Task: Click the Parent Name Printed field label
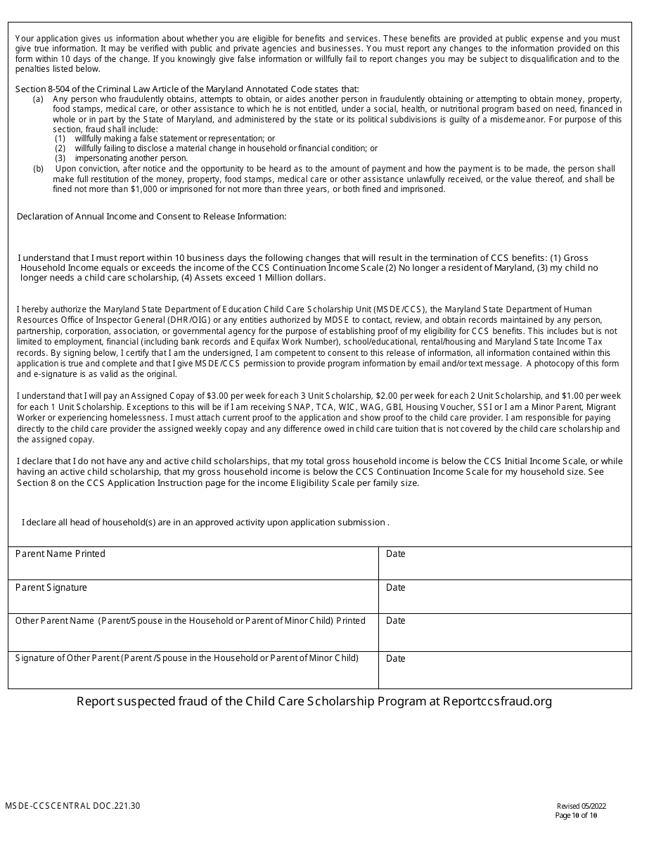click(x=60, y=553)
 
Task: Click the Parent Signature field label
click(x=51, y=587)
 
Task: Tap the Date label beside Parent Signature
click(x=396, y=587)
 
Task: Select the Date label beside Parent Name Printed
click(x=396, y=553)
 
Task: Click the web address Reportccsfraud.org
click(x=498, y=701)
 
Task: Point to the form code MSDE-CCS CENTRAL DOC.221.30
click(x=72, y=806)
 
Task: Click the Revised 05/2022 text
click(x=581, y=807)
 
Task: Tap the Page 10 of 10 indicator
click(x=576, y=816)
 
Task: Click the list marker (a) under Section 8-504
click(x=38, y=99)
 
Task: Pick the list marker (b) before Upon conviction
click(x=38, y=169)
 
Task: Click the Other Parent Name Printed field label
click(x=190, y=621)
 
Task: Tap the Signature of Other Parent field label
click(x=187, y=658)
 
